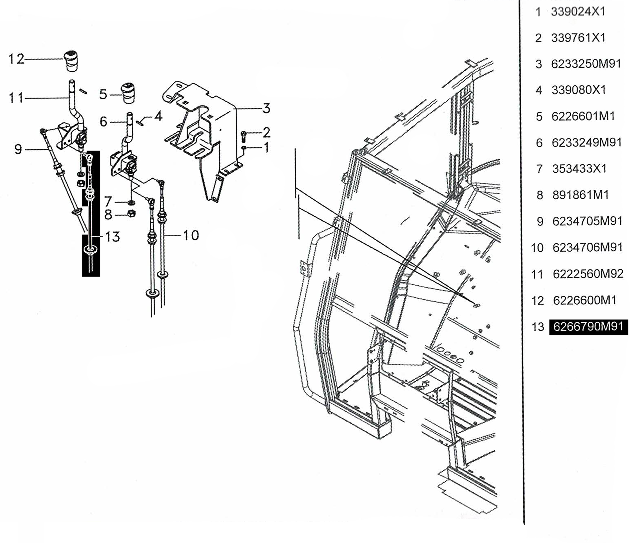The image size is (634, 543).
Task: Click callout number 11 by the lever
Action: (x=16, y=98)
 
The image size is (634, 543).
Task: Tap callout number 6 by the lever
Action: (x=103, y=122)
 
